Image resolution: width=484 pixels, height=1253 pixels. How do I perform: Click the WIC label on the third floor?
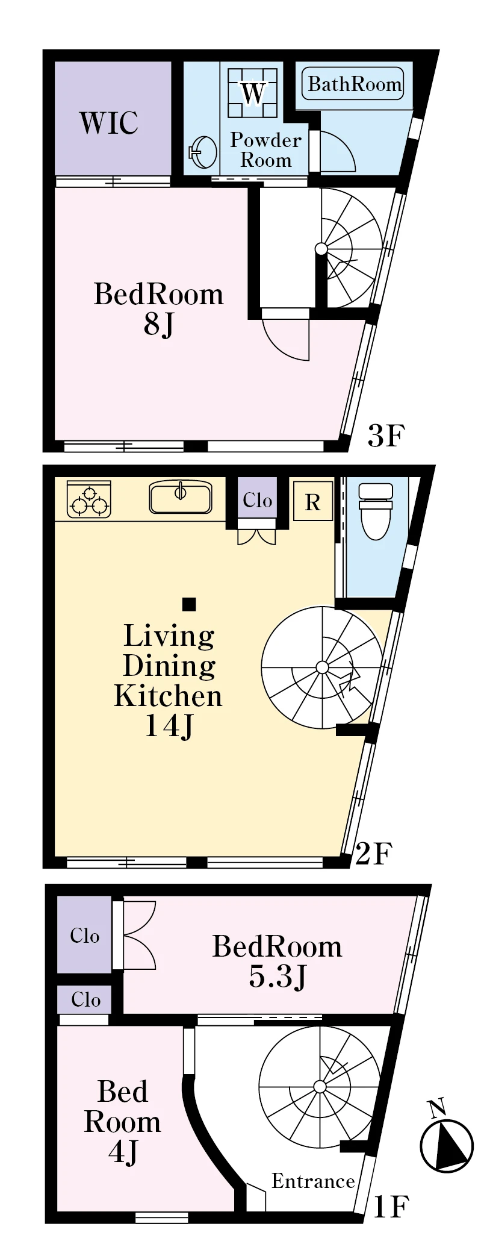coord(108,122)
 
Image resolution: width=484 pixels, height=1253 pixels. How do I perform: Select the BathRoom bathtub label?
coord(355,84)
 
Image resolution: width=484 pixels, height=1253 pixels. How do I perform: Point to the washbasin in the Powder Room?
coord(203,152)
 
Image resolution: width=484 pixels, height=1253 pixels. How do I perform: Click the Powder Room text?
coord(265,150)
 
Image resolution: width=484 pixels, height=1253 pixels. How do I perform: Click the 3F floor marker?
coord(386,436)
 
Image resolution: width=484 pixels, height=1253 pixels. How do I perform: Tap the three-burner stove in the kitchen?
coord(89,499)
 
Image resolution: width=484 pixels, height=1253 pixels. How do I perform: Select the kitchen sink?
coord(180,497)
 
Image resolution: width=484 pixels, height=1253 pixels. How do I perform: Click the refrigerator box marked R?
coord(313,501)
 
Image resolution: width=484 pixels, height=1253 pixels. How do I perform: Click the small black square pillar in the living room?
coord(189,604)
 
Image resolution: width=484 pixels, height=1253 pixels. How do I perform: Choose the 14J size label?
coord(169,725)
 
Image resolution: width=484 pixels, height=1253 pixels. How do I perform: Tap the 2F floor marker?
coord(374,853)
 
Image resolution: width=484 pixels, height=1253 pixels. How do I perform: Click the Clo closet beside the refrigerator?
coord(257,500)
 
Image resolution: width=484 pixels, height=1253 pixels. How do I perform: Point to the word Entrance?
coord(313,1181)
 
